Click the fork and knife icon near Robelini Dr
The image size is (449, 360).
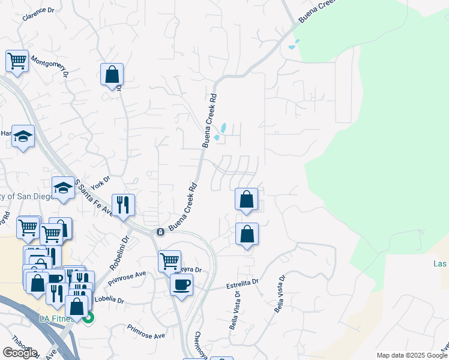[123, 205]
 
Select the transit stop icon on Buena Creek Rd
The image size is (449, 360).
[160, 232]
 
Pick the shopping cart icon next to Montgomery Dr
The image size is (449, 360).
[17, 60]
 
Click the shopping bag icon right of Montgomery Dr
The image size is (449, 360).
[112, 75]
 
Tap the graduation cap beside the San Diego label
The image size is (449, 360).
[63, 187]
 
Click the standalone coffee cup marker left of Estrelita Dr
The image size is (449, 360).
[181, 284]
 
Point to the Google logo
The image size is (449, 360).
[19, 353]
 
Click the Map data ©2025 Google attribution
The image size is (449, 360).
[411, 355]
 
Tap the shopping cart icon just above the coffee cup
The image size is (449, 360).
[170, 261]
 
